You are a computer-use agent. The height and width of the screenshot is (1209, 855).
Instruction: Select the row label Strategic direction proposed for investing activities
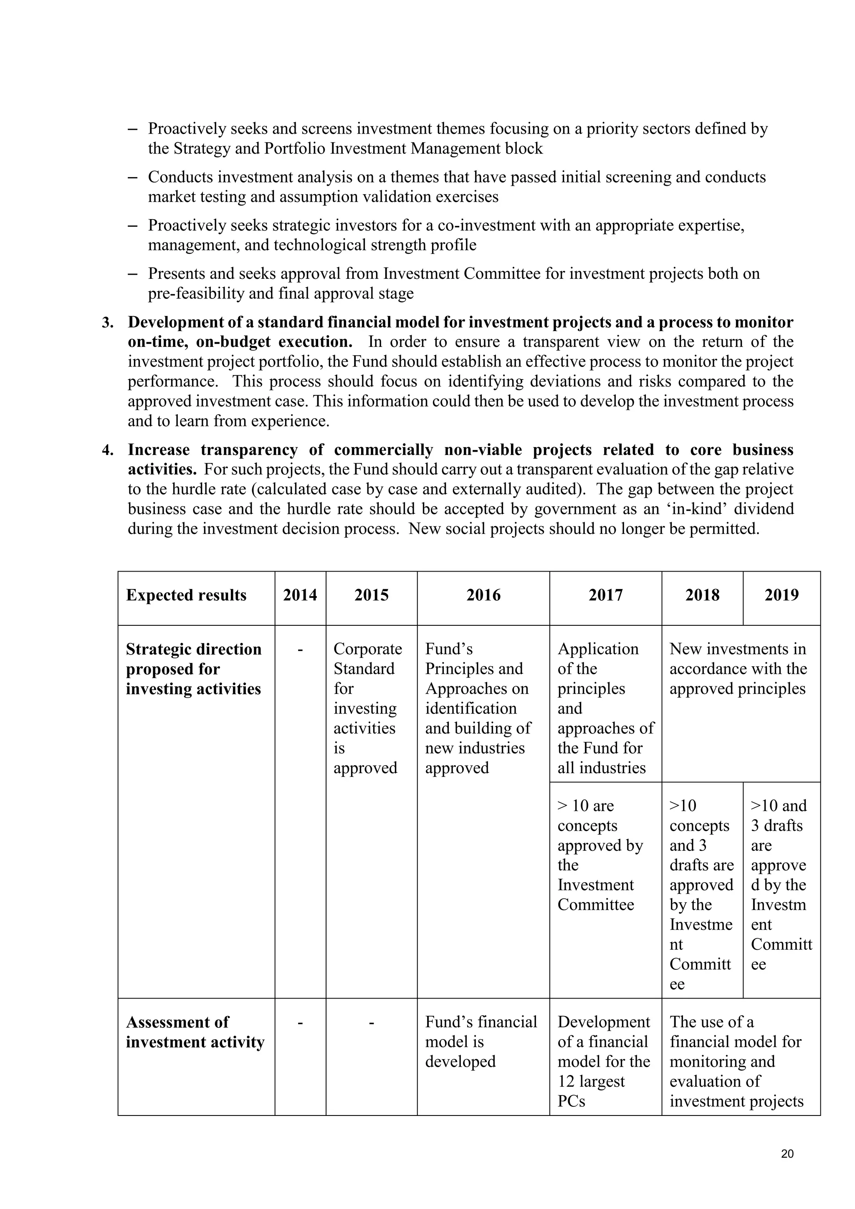point(193,669)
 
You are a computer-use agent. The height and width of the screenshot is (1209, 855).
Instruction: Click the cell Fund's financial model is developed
point(481,1042)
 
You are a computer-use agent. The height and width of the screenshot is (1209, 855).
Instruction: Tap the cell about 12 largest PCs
point(604,1061)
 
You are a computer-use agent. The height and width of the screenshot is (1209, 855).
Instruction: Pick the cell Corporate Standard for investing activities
point(367,708)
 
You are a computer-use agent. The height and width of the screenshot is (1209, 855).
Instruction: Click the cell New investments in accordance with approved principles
point(738,669)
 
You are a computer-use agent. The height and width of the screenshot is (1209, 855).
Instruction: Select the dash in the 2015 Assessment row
point(371,1022)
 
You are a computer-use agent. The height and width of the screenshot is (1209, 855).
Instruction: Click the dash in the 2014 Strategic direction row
point(300,650)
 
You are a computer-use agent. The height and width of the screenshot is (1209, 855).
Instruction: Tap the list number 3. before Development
point(108,322)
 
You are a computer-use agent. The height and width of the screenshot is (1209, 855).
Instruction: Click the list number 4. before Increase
point(108,450)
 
